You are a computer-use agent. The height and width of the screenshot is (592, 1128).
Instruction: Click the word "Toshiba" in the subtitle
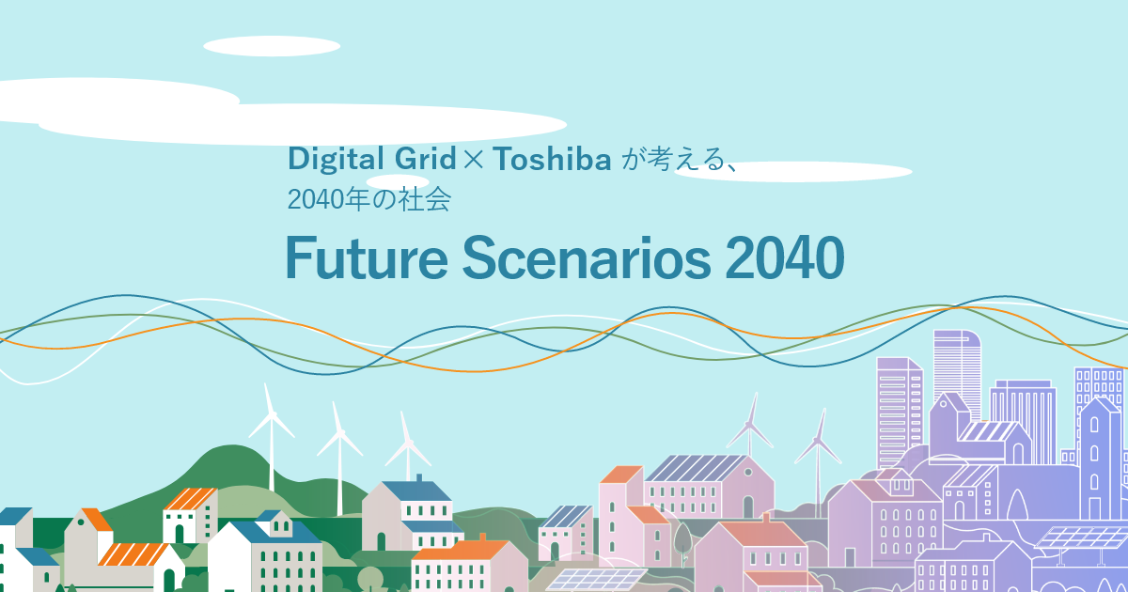pyautogui.click(x=553, y=159)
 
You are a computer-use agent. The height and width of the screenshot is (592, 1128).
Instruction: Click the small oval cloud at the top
pyautogui.click(x=258, y=46)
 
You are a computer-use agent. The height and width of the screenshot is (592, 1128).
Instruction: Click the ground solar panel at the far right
pyautogui.click(x=1081, y=539)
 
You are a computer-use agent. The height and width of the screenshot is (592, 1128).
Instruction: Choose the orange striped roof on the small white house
pyautogui.click(x=191, y=498)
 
